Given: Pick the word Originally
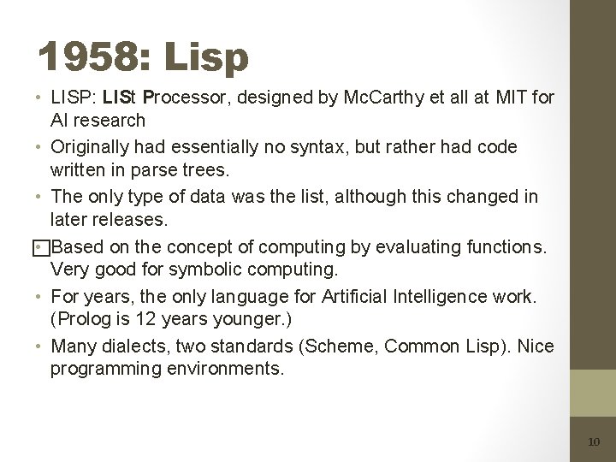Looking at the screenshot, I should [x=92, y=147].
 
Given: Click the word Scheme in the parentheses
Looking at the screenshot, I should [x=322, y=346].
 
